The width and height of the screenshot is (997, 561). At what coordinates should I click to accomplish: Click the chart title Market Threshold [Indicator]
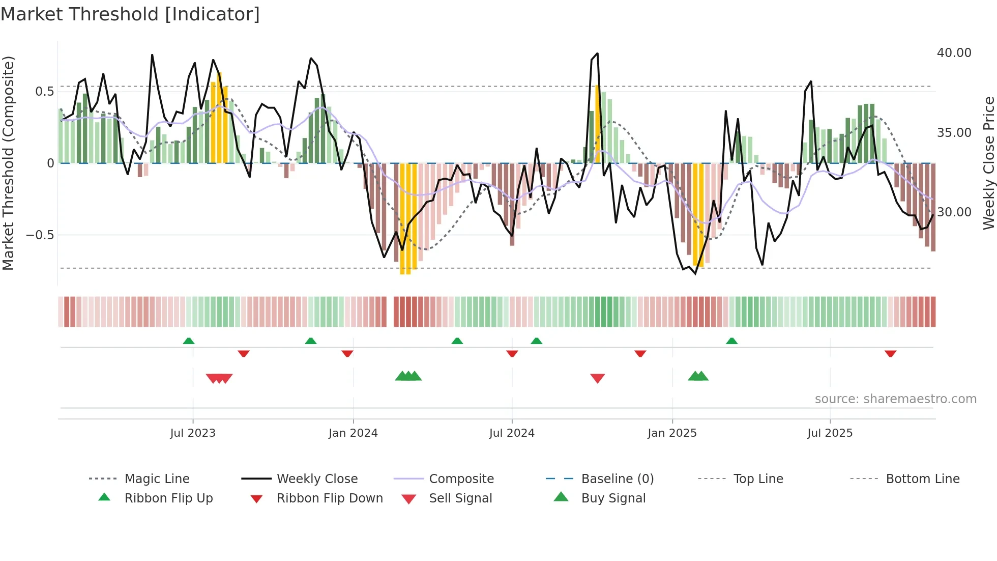pyautogui.click(x=130, y=14)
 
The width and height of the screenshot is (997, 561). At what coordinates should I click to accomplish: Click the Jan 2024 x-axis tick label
pyautogui.click(x=353, y=433)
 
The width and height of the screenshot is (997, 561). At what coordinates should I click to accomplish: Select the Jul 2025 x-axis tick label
pyautogui.click(x=830, y=433)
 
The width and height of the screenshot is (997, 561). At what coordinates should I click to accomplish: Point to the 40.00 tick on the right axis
pyautogui.click(x=954, y=53)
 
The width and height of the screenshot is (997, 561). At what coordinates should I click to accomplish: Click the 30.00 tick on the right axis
pyautogui.click(x=954, y=212)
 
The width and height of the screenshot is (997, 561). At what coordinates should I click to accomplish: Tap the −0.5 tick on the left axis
pyautogui.click(x=40, y=235)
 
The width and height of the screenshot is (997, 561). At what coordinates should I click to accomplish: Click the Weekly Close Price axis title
pyautogui.click(x=988, y=163)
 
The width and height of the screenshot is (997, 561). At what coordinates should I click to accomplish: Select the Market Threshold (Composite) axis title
pyautogui.click(x=8, y=163)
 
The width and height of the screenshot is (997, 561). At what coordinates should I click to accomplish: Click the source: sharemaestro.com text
pyautogui.click(x=895, y=399)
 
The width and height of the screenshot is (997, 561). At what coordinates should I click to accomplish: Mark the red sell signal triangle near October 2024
pyautogui.click(x=597, y=378)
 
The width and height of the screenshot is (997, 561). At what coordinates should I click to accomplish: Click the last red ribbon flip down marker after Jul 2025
pyautogui.click(x=890, y=353)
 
